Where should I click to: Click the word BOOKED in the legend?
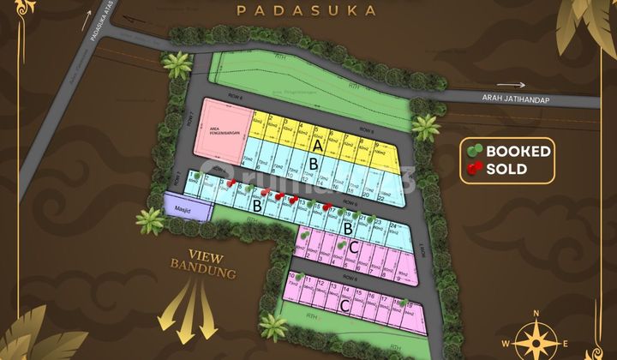(x=518, y=152)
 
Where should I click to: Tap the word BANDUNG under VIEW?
(x=203, y=273)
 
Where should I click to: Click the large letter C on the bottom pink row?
(x=343, y=305)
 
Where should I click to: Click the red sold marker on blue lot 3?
(x=230, y=183)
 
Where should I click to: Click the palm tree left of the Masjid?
(x=151, y=220)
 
